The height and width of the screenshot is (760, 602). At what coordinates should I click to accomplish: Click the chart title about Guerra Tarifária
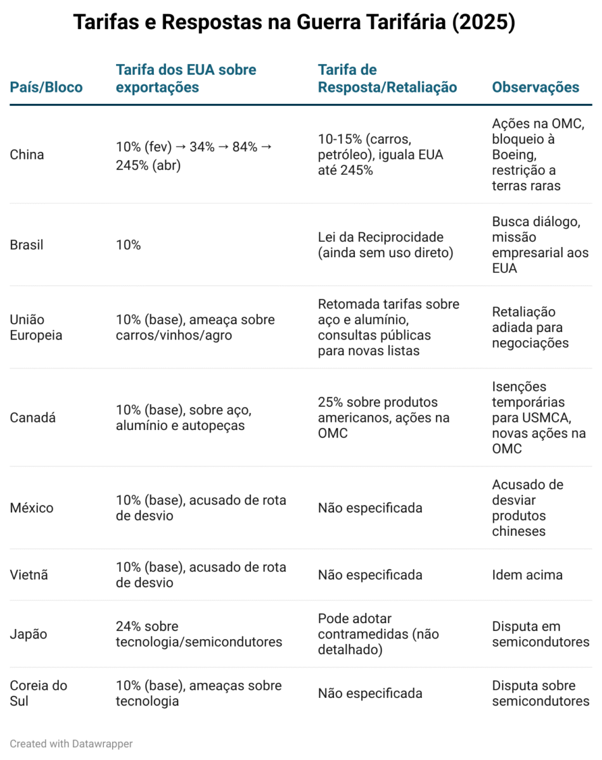click(294, 22)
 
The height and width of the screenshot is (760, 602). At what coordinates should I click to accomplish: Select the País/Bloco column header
click(46, 87)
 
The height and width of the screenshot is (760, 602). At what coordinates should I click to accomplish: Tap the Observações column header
click(535, 87)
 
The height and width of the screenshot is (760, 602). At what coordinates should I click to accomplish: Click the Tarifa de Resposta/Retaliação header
click(387, 79)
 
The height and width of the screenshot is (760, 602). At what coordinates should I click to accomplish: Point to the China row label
click(27, 155)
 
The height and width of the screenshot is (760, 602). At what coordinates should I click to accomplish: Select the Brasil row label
click(27, 244)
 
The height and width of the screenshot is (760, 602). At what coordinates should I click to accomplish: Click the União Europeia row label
click(36, 327)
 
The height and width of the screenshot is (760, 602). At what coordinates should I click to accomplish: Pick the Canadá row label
click(32, 417)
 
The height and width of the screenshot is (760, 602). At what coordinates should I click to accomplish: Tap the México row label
click(32, 508)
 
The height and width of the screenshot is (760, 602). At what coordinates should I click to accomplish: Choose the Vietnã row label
click(29, 574)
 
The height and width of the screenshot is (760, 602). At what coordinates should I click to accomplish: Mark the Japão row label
click(29, 634)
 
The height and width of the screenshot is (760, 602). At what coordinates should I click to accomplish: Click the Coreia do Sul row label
click(38, 693)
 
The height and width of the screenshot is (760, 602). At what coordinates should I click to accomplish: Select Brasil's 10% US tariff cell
click(128, 244)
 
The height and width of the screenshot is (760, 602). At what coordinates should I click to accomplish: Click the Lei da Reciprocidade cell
click(385, 244)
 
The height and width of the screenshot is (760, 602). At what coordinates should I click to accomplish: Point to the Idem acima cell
click(527, 574)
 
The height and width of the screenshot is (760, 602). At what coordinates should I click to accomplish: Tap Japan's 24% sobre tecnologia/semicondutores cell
click(199, 634)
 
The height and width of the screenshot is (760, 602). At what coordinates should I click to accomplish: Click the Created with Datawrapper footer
click(71, 744)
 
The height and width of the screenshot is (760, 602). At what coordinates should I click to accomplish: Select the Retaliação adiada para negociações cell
click(530, 327)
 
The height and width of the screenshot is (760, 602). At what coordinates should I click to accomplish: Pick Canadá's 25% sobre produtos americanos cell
click(383, 417)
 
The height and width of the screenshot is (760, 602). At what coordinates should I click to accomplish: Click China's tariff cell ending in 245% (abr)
click(194, 156)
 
